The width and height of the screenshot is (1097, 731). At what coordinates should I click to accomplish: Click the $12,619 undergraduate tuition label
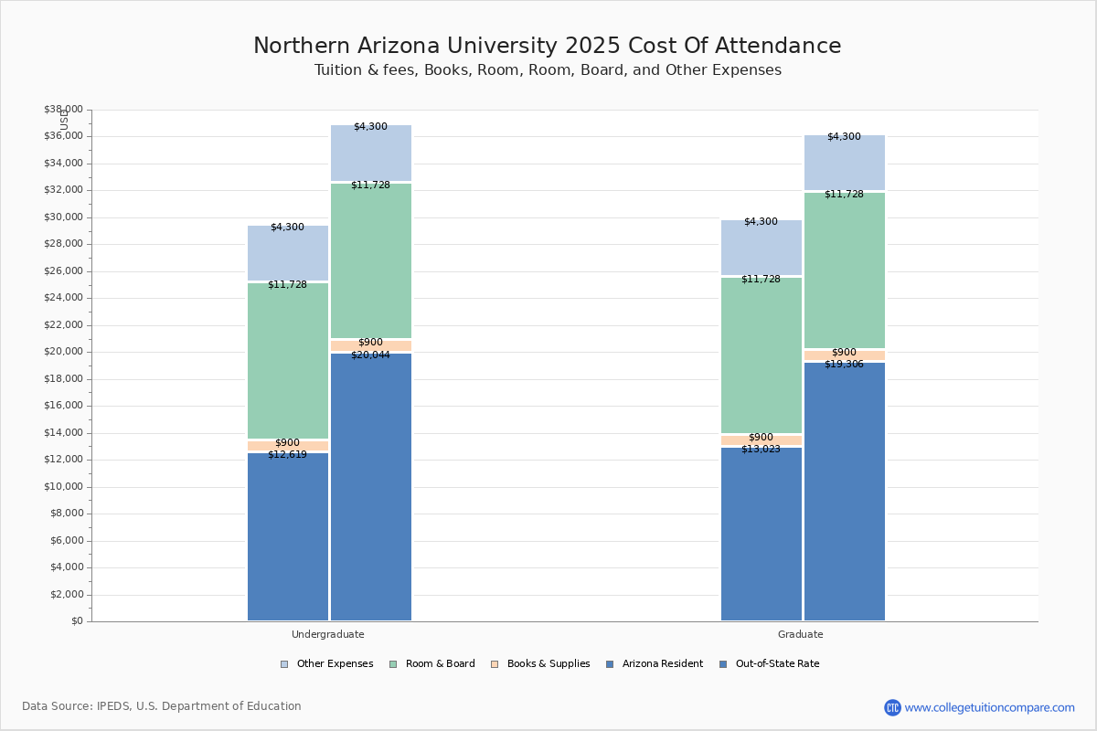pos(287,455)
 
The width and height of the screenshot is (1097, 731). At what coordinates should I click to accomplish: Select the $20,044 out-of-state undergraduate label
pos(370,355)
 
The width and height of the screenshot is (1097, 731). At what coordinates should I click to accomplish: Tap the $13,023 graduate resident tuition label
pos(761,450)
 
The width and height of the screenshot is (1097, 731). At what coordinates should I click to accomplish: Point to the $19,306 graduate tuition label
pos(844,365)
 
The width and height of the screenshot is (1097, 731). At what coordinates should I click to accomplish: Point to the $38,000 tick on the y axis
pos(63,110)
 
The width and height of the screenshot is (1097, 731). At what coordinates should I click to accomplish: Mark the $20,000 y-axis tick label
pos(63,352)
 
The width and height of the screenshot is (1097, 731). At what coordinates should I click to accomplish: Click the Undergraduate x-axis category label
pos(328,634)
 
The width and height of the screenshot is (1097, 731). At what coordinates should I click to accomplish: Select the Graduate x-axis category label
pos(801,634)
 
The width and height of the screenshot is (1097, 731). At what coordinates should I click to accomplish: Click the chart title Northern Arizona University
pos(547,47)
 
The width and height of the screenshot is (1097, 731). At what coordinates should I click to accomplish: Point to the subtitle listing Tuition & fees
pos(548,70)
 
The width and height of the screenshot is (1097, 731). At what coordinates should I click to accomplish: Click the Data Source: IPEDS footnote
pos(162,706)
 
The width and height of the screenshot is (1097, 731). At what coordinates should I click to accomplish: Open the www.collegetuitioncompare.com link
pos(989,707)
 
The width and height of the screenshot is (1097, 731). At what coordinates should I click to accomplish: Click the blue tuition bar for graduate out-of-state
pos(845,493)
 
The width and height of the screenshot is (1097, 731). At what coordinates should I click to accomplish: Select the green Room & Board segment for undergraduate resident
pos(288,361)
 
